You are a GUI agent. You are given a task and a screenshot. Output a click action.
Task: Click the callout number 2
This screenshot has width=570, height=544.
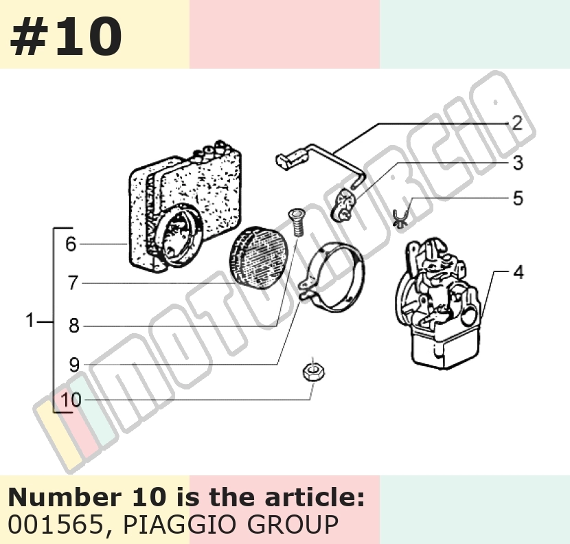(x=517, y=123)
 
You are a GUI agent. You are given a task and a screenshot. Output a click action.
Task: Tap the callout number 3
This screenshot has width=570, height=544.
(x=518, y=163)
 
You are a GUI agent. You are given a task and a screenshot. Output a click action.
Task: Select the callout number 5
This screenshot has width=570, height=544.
(x=518, y=199)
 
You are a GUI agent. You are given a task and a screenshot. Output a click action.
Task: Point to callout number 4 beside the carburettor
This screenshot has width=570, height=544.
(x=518, y=272)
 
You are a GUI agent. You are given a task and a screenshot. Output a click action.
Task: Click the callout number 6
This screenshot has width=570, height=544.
(x=71, y=244)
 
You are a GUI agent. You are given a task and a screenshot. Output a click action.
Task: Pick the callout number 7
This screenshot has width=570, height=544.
(x=73, y=282)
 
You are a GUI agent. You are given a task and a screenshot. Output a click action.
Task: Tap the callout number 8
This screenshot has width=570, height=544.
(x=73, y=325)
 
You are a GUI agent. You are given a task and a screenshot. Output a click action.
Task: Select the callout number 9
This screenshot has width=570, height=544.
(x=73, y=364)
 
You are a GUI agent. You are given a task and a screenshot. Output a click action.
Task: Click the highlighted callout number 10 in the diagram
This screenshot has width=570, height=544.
(x=71, y=400)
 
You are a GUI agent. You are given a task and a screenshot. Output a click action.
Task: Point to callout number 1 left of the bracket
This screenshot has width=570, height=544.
(x=30, y=320)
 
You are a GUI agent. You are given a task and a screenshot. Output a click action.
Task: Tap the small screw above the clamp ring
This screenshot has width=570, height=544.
(x=296, y=223)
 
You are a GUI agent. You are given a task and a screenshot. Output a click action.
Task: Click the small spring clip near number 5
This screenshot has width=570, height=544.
(x=400, y=219)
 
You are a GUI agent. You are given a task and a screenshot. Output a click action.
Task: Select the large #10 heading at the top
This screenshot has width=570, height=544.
(x=66, y=36)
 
